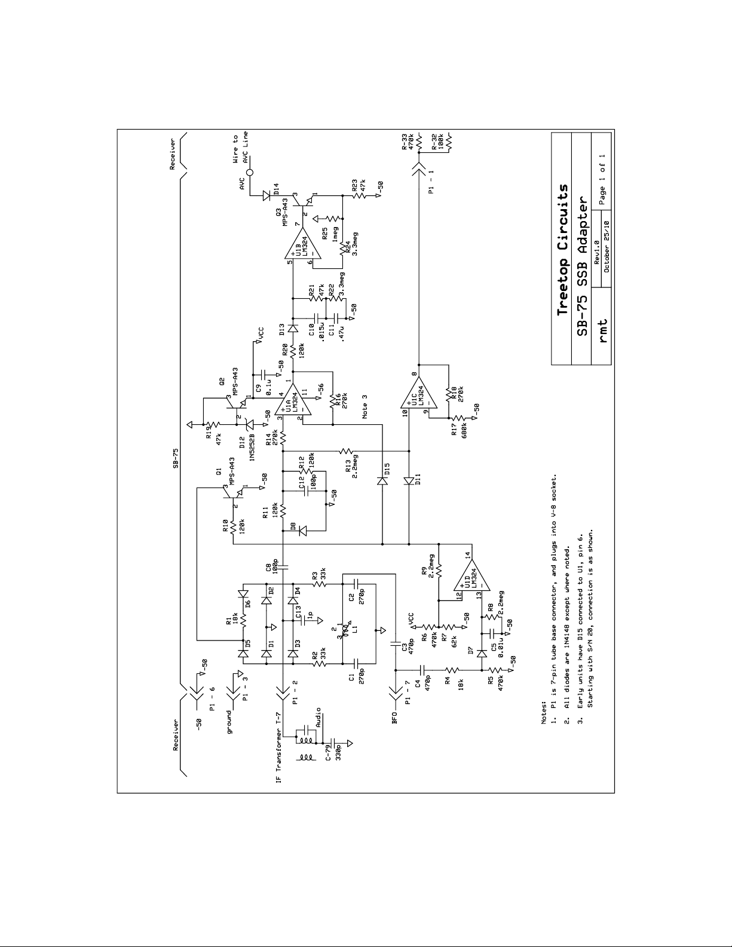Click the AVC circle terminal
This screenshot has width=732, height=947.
(250, 173)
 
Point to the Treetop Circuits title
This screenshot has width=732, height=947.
(562, 249)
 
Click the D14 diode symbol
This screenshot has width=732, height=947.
(267, 195)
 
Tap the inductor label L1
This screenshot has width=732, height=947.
(355, 629)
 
